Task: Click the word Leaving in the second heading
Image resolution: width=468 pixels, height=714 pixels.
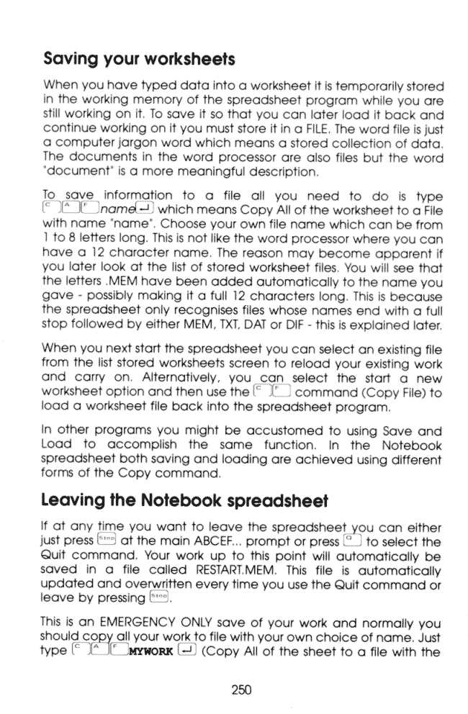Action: [x=71, y=498]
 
